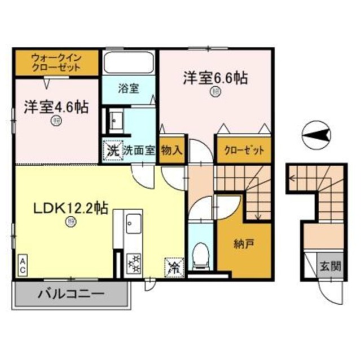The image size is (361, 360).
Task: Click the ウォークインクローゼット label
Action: tap(55, 63)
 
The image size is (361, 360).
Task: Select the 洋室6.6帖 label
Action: tap(214, 79)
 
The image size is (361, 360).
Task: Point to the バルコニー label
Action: tap(71, 294)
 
